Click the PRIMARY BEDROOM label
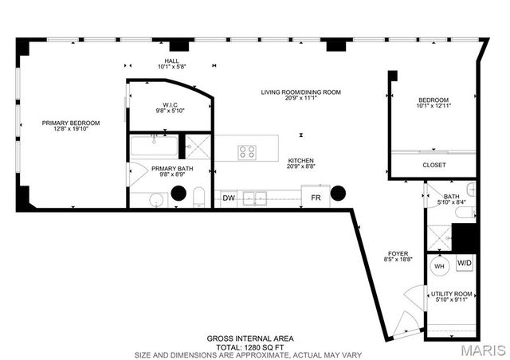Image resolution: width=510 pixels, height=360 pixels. (x=72, y=123)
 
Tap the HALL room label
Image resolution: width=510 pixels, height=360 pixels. (x=171, y=61)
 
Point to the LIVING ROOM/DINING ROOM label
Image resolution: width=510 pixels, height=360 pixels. (x=301, y=92)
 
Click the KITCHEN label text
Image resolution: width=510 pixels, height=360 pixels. (x=301, y=160)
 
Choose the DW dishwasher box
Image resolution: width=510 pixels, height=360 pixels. (x=229, y=198)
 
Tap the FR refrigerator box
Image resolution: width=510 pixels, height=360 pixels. (x=316, y=198)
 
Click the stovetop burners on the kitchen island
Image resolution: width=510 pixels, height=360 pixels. (x=248, y=150)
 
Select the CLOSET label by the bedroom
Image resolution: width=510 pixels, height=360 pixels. (x=434, y=165)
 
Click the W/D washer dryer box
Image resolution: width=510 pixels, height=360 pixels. (x=464, y=263)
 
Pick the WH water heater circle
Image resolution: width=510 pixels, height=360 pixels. (x=438, y=267)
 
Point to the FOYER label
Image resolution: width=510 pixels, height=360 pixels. (x=398, y=253)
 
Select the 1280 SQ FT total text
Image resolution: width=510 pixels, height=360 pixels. (x=252, y=346)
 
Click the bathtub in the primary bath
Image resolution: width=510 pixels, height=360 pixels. (x=154, y=147)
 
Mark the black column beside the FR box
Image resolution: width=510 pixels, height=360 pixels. (x=339, y=194)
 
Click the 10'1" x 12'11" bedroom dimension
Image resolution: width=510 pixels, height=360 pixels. (x=434, y=105)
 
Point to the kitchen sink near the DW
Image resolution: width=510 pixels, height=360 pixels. (x=256, y=198)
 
